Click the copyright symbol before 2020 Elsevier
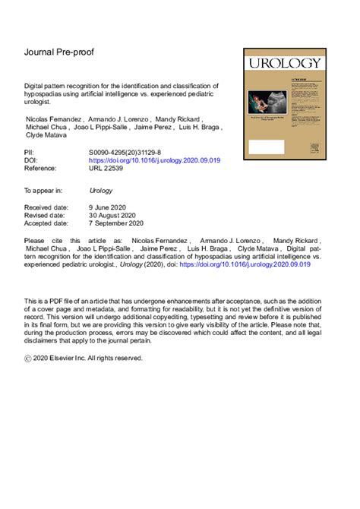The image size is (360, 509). tap(29, 356)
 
